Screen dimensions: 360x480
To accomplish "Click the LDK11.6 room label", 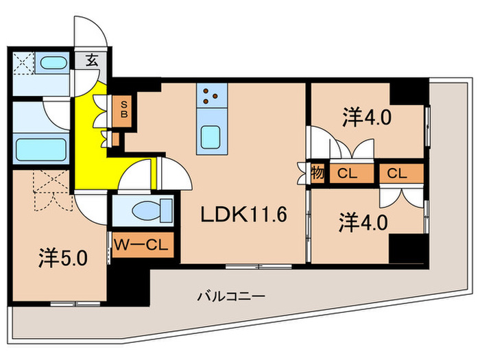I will click(243, 215).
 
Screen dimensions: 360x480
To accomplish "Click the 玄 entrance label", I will click(92, 60).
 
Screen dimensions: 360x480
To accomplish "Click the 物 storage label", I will click(319, 173).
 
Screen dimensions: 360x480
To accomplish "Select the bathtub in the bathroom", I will click(40, 148).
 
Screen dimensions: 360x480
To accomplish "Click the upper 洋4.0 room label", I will click(367, 117).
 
